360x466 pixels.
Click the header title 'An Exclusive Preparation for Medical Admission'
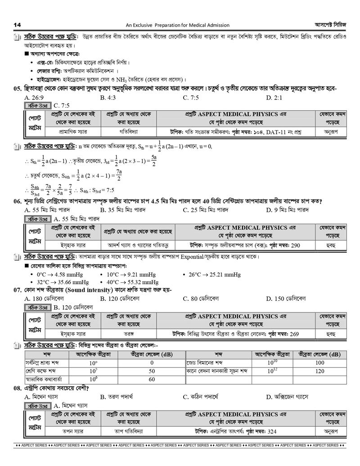pos(177,25)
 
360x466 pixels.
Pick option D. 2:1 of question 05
pos(274,97)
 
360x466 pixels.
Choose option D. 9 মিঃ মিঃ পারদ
pos(287,210)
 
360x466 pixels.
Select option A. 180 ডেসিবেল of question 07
pos(45,298)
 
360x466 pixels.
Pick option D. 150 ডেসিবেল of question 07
pos(286,298)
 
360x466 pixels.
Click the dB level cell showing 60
pos(152,379)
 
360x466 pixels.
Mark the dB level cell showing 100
pos(319,362)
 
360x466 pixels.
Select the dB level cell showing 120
pos(319,371)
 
